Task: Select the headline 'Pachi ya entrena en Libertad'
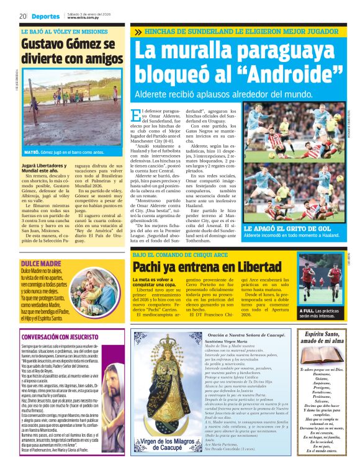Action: point(198,267)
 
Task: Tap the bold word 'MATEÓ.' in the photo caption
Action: point(32,151)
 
